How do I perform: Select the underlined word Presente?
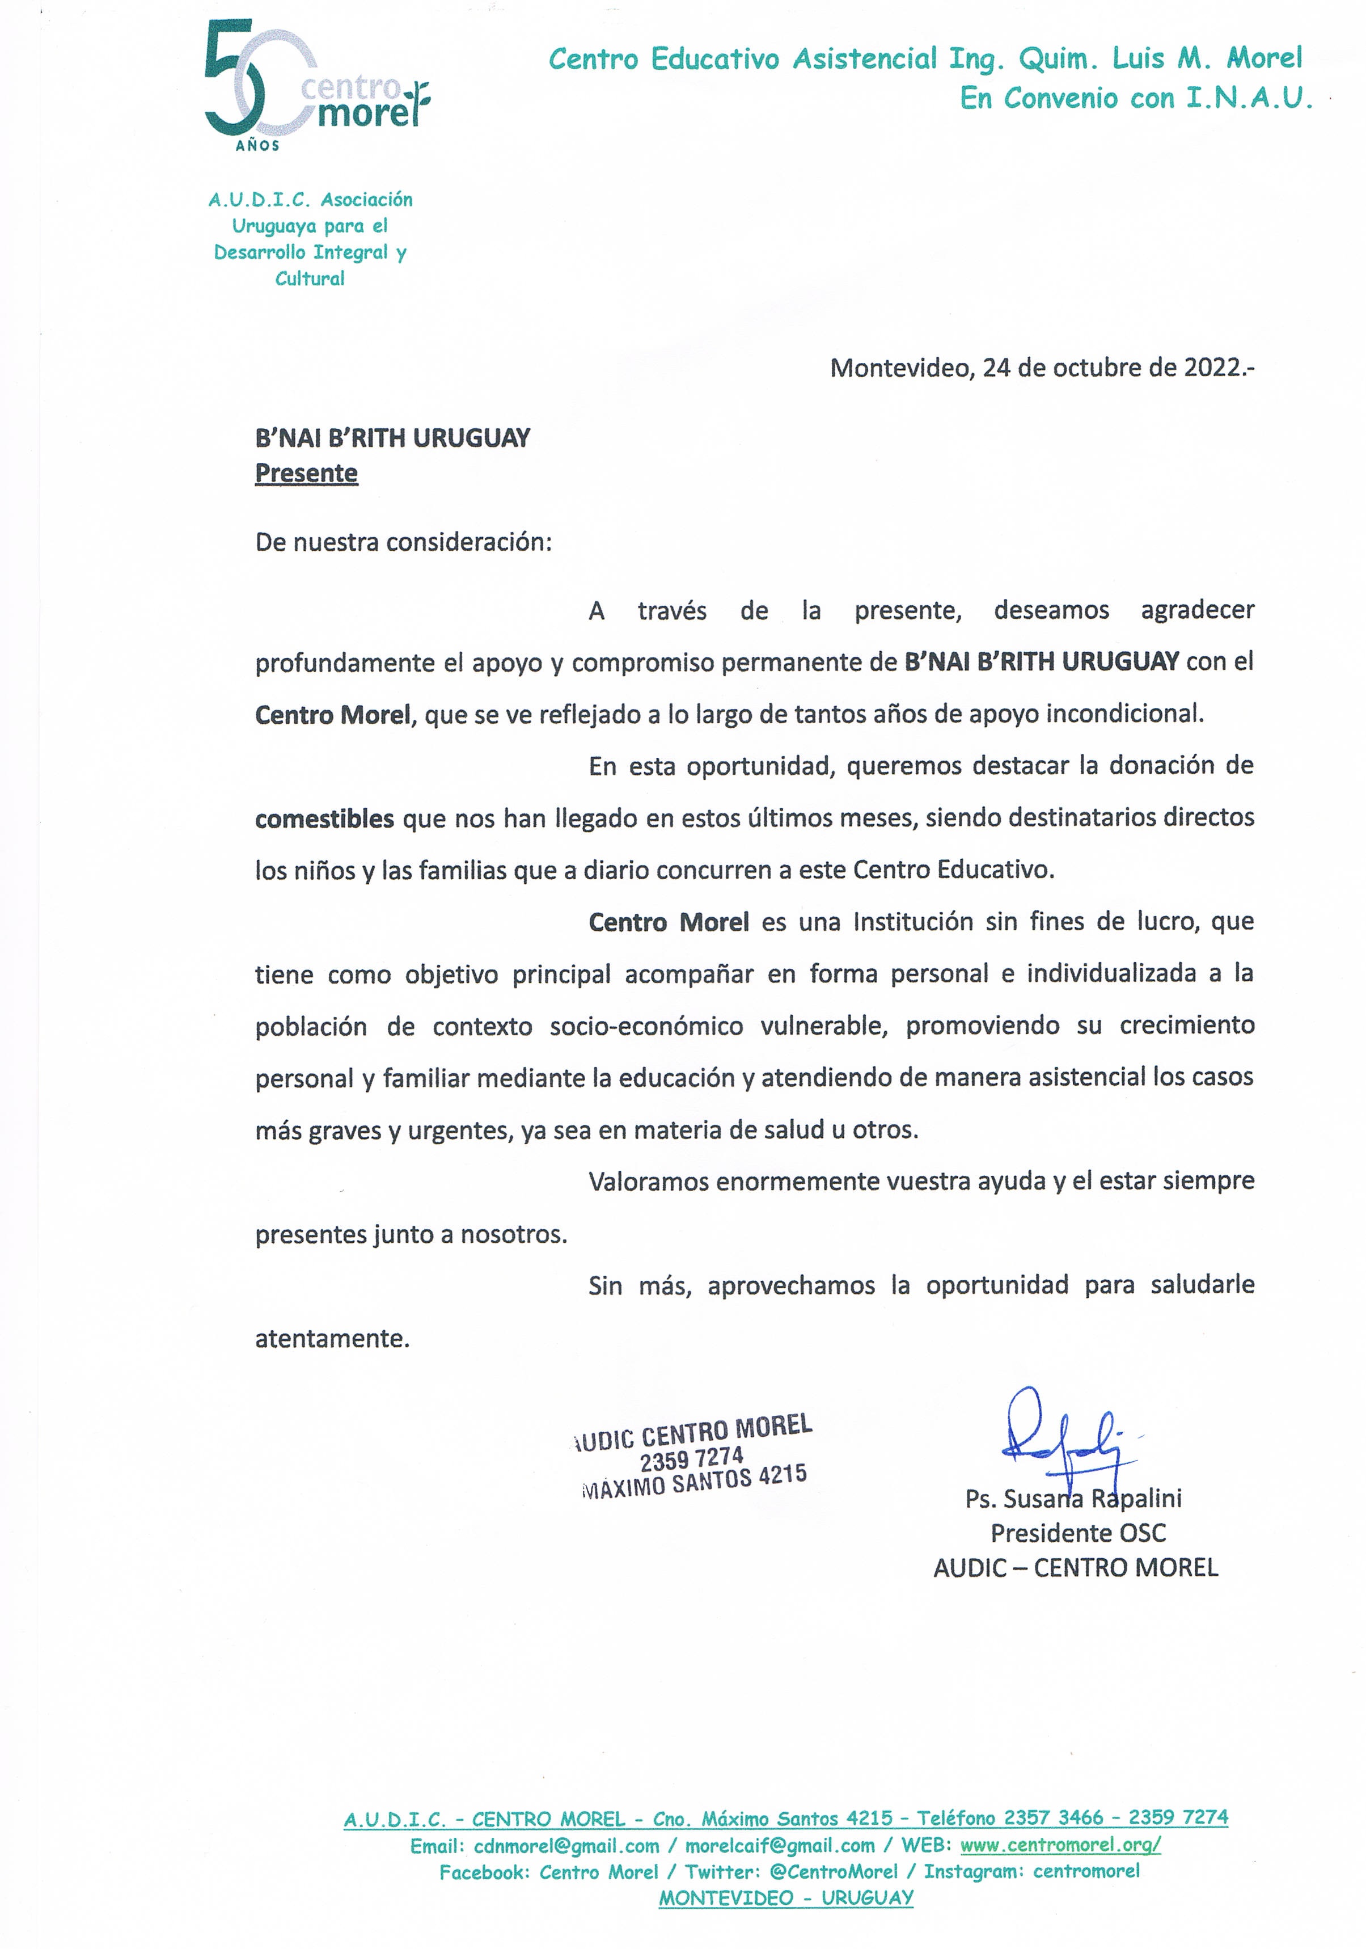click(306, 473)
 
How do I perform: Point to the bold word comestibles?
click(324, 819)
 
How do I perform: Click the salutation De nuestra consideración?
click(403, 542)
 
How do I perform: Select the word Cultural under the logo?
click(310, 279)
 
